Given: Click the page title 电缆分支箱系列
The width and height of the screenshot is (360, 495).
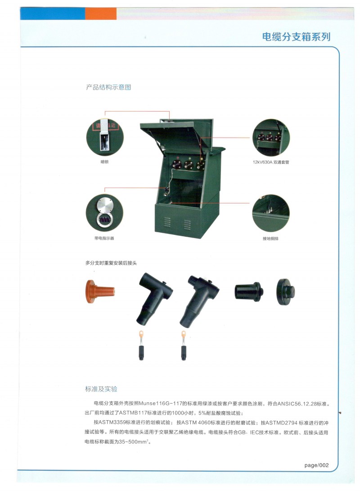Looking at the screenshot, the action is point(296,37).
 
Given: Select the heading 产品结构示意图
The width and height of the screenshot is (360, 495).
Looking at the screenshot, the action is point(108,87).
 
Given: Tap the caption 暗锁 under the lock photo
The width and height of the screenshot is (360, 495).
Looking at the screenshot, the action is point(104,162).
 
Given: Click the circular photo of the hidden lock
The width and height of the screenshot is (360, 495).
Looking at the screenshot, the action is point(105,137).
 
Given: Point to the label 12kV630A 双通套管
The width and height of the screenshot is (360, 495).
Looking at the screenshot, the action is point(270,162).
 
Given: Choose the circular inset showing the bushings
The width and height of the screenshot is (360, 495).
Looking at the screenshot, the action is point(271,138).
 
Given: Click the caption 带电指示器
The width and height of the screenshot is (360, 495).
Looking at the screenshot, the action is point(104,238).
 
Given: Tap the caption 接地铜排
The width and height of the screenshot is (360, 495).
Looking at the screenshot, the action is point(270,238).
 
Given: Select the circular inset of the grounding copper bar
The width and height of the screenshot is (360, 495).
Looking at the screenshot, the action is point(271,213).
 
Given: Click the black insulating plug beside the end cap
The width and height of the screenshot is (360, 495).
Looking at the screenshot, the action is point(249,292).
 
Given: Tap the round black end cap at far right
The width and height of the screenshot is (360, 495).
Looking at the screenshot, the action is point(286,292).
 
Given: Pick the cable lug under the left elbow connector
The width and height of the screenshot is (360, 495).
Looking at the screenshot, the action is point(141,345).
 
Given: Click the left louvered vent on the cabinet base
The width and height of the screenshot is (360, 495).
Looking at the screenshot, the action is point(167,221).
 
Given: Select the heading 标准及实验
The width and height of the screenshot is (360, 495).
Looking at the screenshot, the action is point(101,389).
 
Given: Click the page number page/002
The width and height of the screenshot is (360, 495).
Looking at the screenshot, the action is point(316,465).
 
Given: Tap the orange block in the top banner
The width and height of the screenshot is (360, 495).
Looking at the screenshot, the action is point(101,13).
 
